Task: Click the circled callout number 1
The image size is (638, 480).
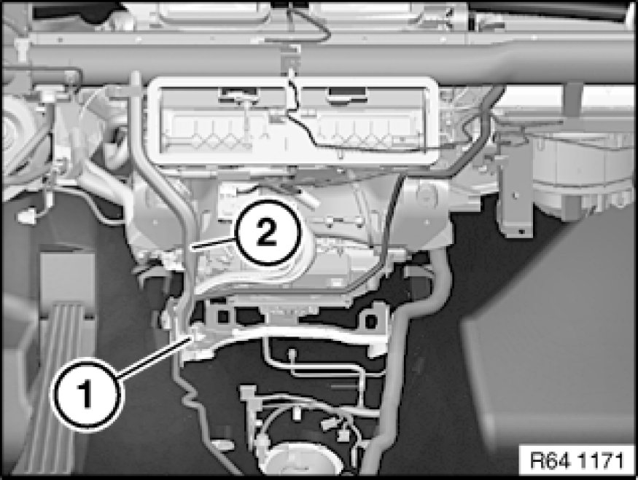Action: (86, 393)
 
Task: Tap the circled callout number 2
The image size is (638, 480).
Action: (267, 234)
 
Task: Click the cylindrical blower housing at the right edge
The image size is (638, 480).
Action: (583, 175)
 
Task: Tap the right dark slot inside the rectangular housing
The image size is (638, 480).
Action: (346, 94)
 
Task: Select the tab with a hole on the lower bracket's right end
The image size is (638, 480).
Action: (371, 321)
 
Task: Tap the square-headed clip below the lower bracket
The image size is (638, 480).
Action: (248, 393)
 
